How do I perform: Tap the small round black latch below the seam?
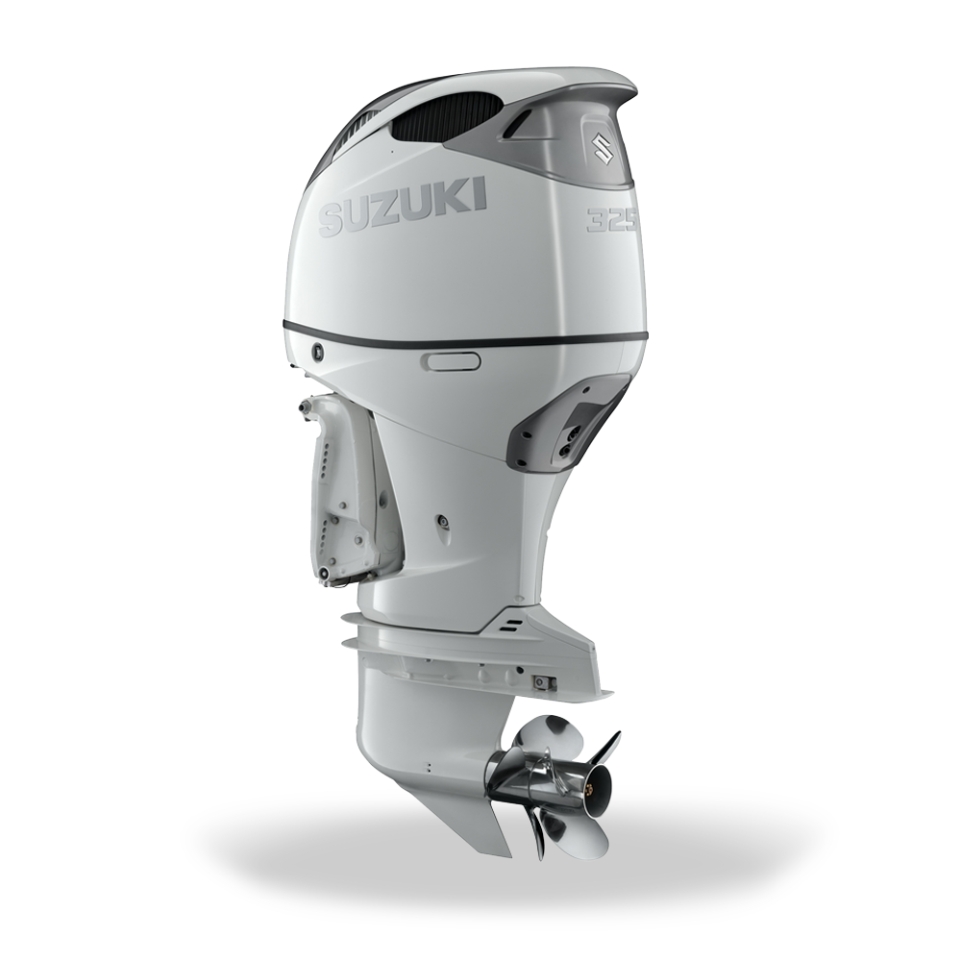tap(318, 351)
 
